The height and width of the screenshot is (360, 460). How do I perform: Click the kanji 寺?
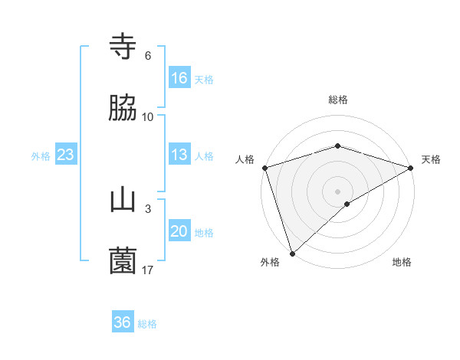coord(123,47)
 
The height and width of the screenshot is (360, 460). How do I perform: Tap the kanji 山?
coord(123,201)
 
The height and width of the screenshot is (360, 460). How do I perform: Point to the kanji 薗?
coord(123,261)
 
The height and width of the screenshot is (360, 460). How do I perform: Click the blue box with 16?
coord(179,78)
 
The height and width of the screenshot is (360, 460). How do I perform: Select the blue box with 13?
coord(179,155)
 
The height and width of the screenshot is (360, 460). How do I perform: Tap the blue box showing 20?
coord(179,231)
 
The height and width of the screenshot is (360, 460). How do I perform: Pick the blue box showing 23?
coord(66,155)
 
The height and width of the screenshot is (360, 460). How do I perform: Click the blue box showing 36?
coord(123,322)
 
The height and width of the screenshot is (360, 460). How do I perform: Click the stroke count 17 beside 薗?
coord(148,270)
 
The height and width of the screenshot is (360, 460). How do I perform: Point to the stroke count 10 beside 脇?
coord(148,116)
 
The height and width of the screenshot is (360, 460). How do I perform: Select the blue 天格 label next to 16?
coord(204,79)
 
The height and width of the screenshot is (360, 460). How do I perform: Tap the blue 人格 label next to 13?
coord(204,155)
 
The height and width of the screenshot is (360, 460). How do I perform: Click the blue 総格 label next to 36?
coord(147,323)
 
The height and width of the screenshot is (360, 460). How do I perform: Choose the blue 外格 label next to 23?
coord(41,155)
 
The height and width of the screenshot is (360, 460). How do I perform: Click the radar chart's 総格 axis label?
coord(338,100)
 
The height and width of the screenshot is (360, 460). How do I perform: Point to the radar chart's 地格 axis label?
coord(402,262)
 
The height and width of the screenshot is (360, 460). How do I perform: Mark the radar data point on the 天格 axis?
coord(412,168)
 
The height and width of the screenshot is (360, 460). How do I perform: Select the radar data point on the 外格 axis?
coord(292,253)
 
